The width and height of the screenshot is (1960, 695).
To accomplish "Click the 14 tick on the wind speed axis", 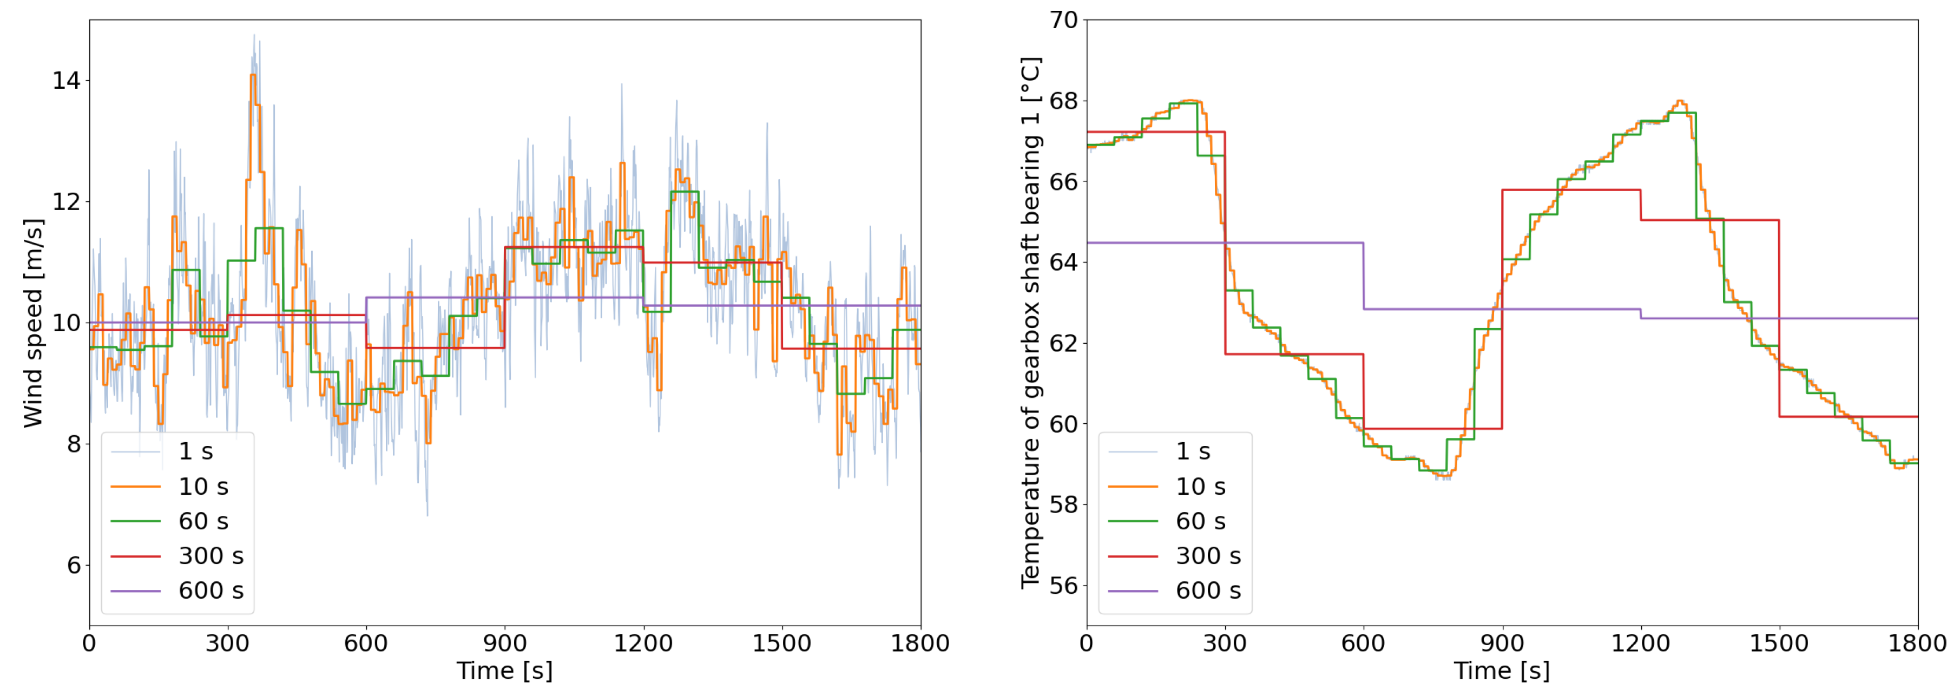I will (x=65, y=80).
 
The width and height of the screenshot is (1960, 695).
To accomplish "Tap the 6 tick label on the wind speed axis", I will (x=73, y=565).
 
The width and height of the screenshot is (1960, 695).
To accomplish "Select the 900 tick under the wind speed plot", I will (x=504, y=643).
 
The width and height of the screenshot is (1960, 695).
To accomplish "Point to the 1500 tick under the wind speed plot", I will (x=781, y=643).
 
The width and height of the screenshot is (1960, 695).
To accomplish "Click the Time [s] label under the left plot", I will (x=504, y=671).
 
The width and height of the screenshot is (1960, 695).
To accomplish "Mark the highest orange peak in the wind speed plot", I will (x=253, y=75).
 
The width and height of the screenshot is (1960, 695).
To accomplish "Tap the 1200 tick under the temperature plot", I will (x=1640, y=643).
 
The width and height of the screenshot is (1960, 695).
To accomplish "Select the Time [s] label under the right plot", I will (x=1501, y=671).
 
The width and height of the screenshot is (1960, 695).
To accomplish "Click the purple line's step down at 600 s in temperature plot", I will (x=1364, y=276).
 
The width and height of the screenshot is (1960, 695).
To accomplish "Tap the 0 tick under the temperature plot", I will (x=1087, y=643).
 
